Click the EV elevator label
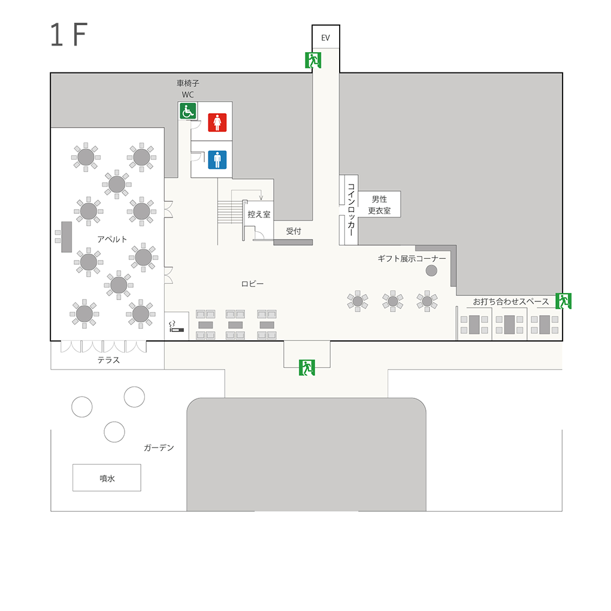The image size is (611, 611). click(x=325, y=38)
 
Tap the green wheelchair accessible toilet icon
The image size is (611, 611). click(x=188, y=111)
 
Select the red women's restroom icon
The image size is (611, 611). click(x=217, y=122)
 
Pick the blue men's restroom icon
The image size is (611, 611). click(x=217, y=160)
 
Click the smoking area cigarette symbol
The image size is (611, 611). click(x=176, y=327)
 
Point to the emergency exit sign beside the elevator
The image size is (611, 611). click(x=313, y=61)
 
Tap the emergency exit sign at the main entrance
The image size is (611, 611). click(x=307, y=367)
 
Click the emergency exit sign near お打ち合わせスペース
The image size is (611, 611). click(x=564, y=301)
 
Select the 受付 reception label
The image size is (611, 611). click(x=294, y=231)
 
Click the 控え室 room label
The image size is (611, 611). click(x=259, y=214)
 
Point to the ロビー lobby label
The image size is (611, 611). click(x=252, y=284)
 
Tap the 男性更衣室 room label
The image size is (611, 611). click(x=379, y=205)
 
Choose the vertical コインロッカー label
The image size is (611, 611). click(x=351, y=210)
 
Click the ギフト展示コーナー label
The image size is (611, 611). click(x=412, y=259)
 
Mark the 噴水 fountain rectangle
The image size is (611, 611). click(x=107, y=478)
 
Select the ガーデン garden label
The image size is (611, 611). click(x=159, y=447)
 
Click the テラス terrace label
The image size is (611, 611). click(x=108, y=360)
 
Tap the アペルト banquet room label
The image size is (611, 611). click(x=112, y=239)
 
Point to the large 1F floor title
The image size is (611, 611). click(x=68, y=34)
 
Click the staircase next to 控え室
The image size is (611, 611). click(x=230, y=212)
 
